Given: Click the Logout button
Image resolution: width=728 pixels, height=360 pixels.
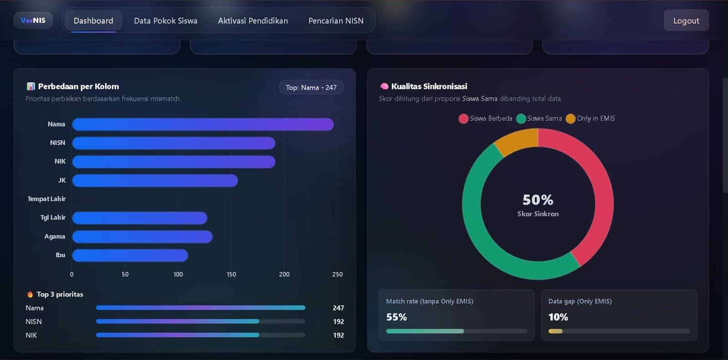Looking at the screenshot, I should (x=686, y=20).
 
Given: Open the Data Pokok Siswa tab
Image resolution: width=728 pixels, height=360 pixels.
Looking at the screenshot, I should (x=166, y=20).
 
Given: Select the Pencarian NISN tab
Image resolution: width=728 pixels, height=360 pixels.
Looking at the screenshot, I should (x=336, y=20).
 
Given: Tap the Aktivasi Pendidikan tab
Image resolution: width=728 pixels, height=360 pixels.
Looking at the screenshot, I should (x=253, y=20).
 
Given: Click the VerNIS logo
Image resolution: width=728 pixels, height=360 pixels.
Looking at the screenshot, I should (x=33, y=20).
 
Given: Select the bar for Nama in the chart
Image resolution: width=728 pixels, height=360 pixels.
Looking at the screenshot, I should (x=203, y=124).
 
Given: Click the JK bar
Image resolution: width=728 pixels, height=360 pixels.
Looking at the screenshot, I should (x=155, y=181).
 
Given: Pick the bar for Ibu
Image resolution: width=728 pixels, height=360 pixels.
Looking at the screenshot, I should (x=130, y=255).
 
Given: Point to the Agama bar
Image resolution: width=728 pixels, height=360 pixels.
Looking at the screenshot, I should (x=142, y=237).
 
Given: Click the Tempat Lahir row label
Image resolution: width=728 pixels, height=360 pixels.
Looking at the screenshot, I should (x=46, y=199).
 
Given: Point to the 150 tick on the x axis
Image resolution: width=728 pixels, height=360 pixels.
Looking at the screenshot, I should (x=231, y=274).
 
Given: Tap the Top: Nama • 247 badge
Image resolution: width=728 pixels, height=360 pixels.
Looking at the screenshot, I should (x=311, y=87).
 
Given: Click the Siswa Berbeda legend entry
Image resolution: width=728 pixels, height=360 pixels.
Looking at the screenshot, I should (x=485, y=118).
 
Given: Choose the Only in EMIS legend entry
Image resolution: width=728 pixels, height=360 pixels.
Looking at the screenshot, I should (x=590, y=118).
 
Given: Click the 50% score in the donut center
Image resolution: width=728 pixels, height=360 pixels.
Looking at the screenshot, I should (x=538, y=200).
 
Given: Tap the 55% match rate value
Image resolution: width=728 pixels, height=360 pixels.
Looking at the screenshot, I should (x=396, y=317).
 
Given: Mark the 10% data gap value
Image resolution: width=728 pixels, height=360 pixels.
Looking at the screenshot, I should (x=558, y=317).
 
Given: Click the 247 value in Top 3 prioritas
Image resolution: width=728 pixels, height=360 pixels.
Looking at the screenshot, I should (x=338, y=308).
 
